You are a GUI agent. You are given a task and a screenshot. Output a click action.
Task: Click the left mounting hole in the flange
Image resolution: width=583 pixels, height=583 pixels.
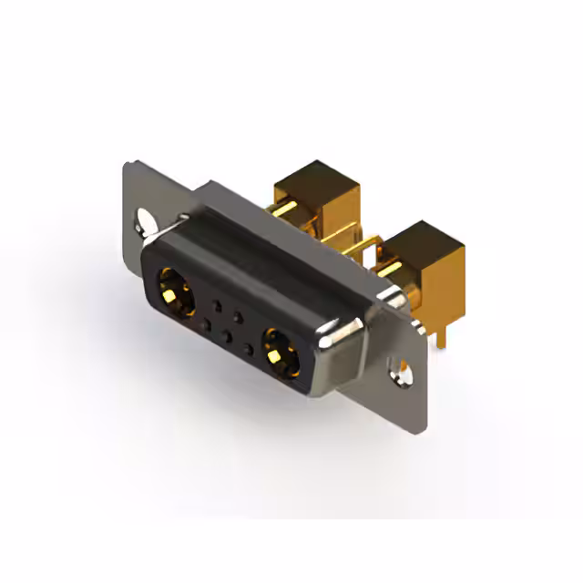tap(145, 222)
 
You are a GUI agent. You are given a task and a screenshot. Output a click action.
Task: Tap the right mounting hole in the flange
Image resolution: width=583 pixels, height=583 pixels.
tap(399, 367)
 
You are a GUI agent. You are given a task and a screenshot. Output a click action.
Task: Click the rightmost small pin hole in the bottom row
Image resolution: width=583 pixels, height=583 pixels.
tap(247, 347)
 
